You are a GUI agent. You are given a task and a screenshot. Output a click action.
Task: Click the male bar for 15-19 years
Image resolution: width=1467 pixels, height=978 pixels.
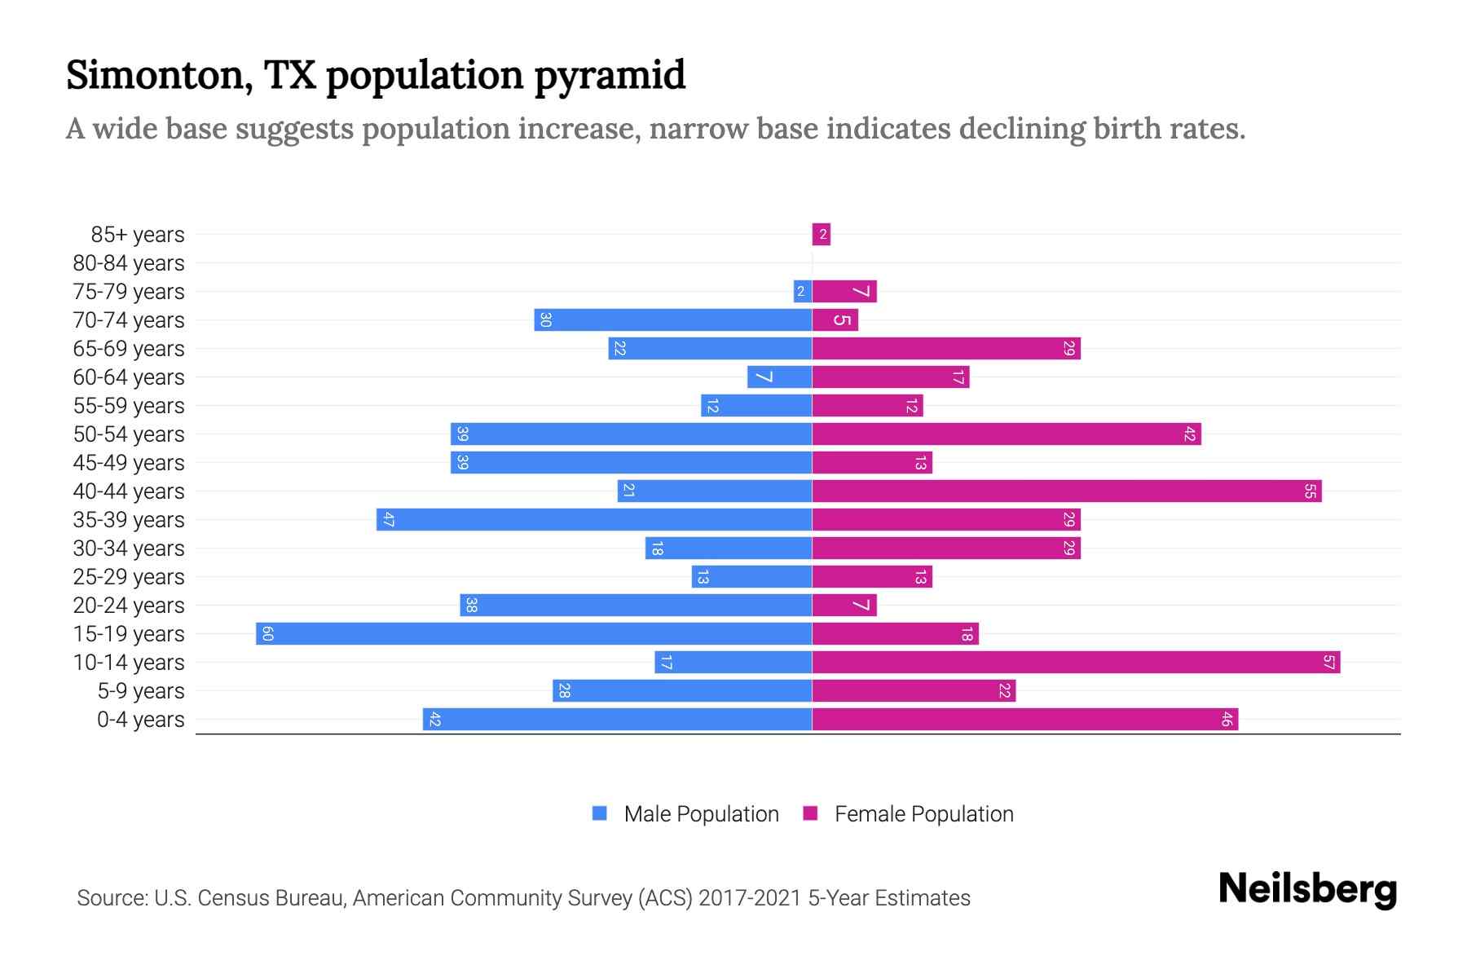[x=534, y=633]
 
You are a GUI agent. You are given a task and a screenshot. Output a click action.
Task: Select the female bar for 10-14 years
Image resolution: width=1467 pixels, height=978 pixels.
[x=1076, y=662]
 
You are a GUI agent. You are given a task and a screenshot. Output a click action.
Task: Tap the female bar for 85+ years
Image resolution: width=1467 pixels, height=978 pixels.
[x=821, y=235]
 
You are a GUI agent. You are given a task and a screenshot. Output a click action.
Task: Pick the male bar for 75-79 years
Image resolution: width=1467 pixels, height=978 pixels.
[x=803, y=291]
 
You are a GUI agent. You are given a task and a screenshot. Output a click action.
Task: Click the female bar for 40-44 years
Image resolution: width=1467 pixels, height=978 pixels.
[x=1066, y=491]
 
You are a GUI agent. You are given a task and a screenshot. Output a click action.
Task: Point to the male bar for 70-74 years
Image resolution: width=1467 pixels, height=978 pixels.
[x=673, y=319]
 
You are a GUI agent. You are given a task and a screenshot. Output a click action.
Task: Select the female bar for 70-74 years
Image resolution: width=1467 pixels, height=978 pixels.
[x=835, y=319]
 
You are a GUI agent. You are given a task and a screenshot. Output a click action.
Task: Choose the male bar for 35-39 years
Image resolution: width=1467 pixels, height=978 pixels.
[x=594, y=519]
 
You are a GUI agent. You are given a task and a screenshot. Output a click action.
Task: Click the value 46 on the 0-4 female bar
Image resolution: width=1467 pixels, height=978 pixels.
[x=1227, y=719]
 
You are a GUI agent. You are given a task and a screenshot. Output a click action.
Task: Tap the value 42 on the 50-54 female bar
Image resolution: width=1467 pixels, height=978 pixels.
[x=1189, y=434]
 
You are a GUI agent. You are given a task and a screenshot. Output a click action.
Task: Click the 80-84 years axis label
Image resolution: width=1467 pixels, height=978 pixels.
[x=129, y=263]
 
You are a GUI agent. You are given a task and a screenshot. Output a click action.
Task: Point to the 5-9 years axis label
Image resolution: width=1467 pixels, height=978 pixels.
[x=141, y=691]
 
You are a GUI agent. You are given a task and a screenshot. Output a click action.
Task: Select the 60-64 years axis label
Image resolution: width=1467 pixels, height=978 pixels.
[x=129, y=377]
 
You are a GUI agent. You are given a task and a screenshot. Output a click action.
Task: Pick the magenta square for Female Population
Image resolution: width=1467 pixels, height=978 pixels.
[x=810, y=813]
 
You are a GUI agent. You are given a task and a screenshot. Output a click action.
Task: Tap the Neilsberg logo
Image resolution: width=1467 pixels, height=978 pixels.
[x=1307, y=889]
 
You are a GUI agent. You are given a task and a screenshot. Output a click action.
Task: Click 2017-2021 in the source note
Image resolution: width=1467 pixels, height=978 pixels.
[x=749, y=898]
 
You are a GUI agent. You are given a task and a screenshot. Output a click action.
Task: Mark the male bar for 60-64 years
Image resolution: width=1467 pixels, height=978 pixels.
[x=779, y=377]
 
